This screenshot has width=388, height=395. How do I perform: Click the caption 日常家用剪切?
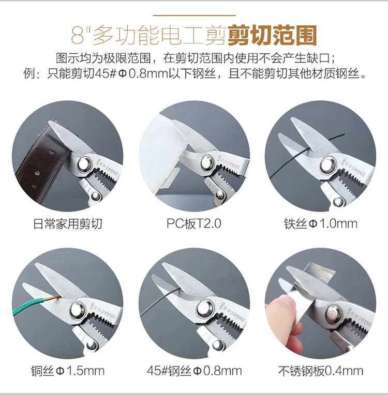click(x=68, y=224)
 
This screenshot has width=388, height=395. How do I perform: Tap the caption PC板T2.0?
click(x=193, y=223)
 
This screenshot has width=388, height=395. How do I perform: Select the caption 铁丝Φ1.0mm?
click(x=320, y=224)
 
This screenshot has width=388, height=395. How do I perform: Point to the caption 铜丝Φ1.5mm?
click(x=68, y=371)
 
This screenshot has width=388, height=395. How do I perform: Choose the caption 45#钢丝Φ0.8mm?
click(x=194, y=371)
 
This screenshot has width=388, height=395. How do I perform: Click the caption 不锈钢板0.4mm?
click(x=320, y=371)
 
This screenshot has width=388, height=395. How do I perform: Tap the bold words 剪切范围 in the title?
click(x=272, y=35)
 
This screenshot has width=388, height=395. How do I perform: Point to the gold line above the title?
click(x=194, y=16)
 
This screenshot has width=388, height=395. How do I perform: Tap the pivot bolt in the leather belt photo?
click(x=85, y=164)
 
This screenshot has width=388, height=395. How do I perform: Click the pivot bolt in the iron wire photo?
click(x=328, y=165)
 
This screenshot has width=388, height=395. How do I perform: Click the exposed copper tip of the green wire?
click(x=56, y=297)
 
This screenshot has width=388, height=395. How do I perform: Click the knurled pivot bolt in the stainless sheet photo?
click(x=334, y=315)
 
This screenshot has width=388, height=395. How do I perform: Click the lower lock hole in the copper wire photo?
click(x=91, y=345)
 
